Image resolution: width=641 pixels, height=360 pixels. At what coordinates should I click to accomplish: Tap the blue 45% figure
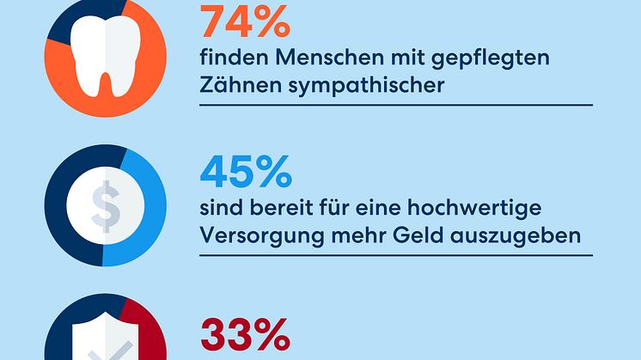pos(245,173)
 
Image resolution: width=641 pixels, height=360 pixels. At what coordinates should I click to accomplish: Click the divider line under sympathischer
pos(395,104)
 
